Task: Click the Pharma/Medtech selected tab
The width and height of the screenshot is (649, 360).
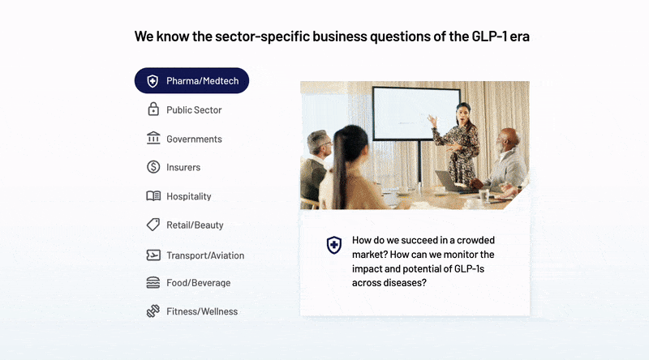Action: click(192, 81)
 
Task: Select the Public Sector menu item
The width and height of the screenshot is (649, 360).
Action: click(194, 110)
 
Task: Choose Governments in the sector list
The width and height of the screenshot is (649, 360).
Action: click(194, 139)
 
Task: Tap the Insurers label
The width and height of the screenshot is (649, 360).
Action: click(183, 168)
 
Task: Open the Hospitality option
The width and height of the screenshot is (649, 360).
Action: click(188, 196)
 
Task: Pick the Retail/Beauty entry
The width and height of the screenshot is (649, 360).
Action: click(195, 225)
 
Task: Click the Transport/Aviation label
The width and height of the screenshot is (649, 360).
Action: click(205, 255)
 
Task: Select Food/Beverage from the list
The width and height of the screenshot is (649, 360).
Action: click(198, 283)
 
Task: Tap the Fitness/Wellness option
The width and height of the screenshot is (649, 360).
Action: click(202, 311)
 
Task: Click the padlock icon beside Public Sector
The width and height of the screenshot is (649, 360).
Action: click(153, 109)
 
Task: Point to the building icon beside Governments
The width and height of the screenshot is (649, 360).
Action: click(153, 139)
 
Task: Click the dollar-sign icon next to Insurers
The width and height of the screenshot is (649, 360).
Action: click(153, 167)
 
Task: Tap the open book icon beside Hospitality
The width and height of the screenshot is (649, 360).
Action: click(153, 196)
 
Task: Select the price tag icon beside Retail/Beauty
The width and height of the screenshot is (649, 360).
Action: click(153, 225)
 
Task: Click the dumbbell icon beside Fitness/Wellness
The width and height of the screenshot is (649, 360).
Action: click(153, 311)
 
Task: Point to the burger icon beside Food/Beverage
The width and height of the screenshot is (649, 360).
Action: click(153, 283)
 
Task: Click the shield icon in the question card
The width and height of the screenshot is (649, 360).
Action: click(333, 245)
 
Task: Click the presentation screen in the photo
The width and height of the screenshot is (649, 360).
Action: click(416, 112)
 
